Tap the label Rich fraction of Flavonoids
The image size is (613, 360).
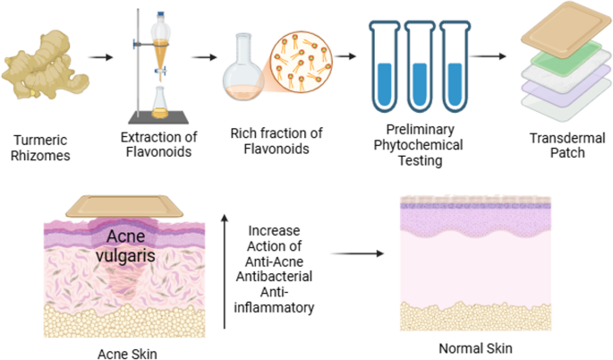click(x=275, y=141)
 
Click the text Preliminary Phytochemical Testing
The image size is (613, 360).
click(x=418, y=147)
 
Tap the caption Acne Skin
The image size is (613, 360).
click(x=100, y=352)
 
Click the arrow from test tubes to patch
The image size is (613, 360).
click(x=488, y=56)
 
